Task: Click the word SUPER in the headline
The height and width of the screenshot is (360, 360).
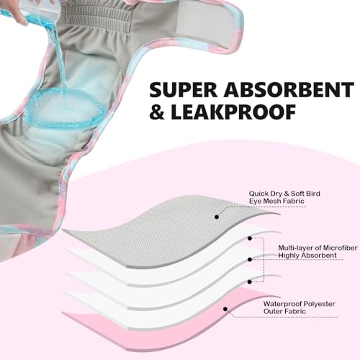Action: click(183, 90)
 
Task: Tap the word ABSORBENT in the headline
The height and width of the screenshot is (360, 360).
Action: click(289, 90)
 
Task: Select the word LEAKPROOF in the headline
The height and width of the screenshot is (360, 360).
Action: click(233, 112)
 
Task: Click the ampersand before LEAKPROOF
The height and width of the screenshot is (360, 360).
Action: click(157, 112)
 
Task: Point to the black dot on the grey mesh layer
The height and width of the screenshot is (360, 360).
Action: click(217, 217)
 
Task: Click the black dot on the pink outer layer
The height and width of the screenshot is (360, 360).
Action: click(225, 309)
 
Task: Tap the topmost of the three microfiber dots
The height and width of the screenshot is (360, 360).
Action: click(250, 238)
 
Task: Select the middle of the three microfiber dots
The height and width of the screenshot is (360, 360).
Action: click(250, 259)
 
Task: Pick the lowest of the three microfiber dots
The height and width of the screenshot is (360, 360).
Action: click(250, 282)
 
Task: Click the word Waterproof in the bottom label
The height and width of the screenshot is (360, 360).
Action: click(281, 304)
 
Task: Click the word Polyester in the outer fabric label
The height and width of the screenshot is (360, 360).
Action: click(318, 304)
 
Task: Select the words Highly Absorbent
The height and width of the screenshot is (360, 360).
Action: click(307, 256)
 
